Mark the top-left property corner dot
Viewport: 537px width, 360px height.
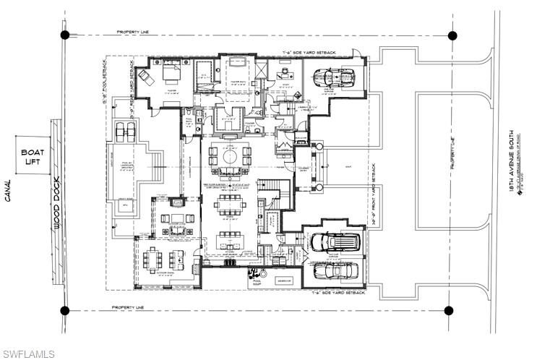65,35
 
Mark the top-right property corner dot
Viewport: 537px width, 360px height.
452,35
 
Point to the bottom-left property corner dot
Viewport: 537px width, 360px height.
65,310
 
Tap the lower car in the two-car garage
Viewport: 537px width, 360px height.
334,271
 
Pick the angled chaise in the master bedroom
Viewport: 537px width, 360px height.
144,76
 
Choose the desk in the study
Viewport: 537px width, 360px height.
283,73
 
